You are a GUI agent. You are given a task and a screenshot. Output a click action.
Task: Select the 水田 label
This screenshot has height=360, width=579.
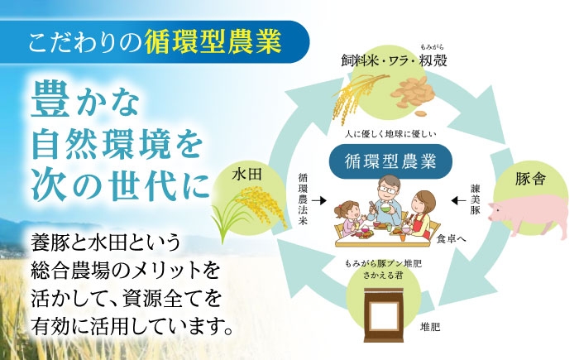pos(246,175)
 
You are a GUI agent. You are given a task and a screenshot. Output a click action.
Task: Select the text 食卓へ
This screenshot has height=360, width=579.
pos(452,238)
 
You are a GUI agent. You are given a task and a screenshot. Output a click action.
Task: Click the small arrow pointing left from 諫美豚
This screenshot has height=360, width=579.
pos(459,200)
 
